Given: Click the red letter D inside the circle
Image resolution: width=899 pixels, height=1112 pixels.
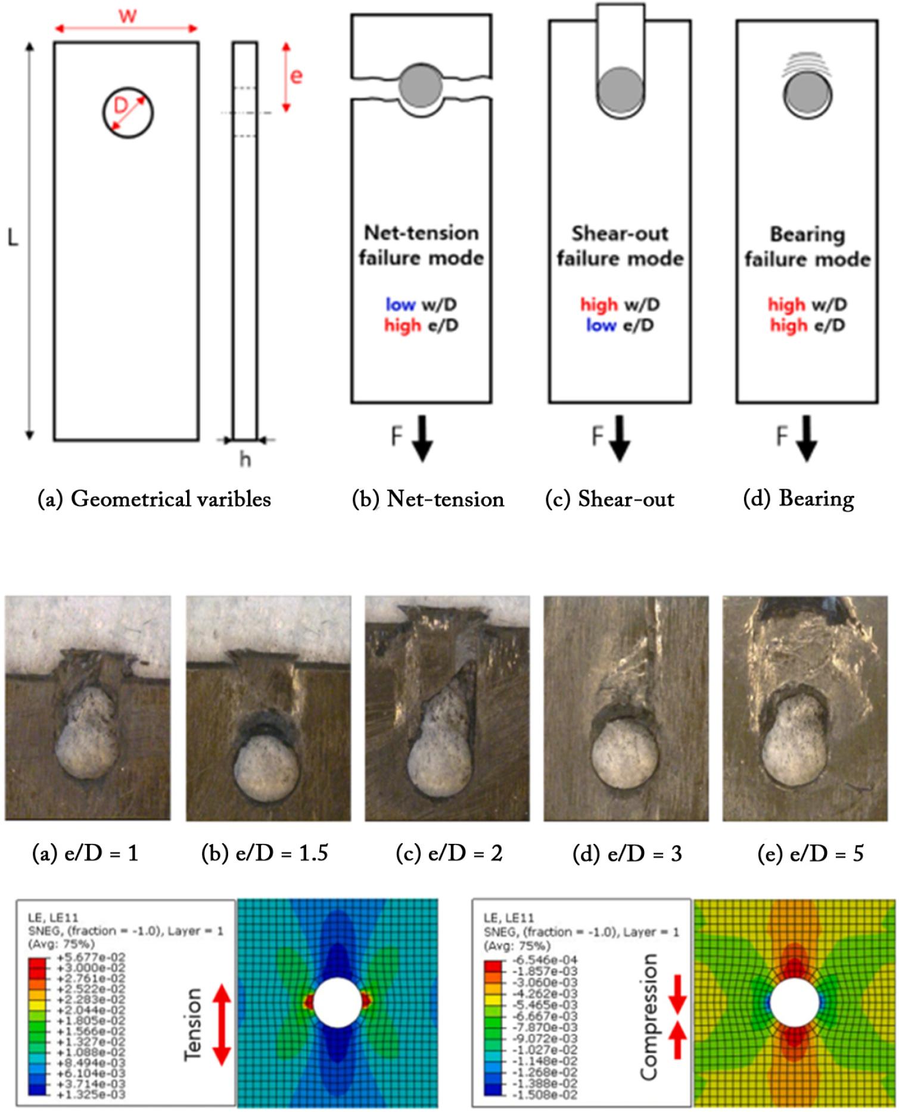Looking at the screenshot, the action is point(121,106).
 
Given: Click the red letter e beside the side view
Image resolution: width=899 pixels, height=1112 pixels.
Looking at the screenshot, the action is point(296,76).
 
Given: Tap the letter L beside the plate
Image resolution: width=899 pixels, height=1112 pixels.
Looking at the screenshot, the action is point(13,238).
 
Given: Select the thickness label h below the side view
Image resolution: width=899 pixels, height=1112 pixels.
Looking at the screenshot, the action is point(245,459).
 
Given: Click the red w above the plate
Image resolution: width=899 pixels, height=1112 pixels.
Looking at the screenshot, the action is point(127,15).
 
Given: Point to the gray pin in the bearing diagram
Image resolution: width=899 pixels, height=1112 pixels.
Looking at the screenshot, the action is point(808,95).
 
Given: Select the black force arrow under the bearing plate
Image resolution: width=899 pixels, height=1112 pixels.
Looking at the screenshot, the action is point(807,439).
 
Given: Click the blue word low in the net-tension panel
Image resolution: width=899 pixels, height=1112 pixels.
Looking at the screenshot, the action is point(400,305).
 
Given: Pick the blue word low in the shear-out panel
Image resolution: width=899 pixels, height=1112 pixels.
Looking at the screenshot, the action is point(601,325).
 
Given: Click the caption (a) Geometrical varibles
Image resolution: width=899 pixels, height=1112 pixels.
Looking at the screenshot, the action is point(154,499).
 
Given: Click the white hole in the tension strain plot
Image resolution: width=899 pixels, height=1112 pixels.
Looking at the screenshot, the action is point(337,1002).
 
